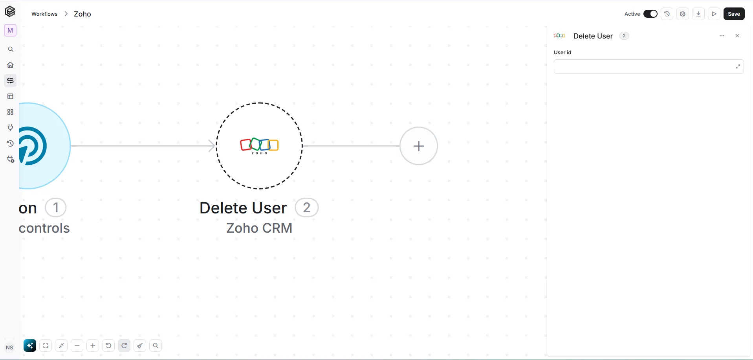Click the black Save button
click(734, 14)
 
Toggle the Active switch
click(650, 14)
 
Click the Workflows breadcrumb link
click(44, 14)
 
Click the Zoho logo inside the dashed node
click(259, 146)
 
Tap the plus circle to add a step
click(419, 146)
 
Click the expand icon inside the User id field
click(738, 66)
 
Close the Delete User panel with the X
click(737, 36)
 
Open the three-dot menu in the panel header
click(722, 36)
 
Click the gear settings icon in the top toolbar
click(683, 14)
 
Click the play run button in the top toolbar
click(714, 14)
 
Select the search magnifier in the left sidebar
click(11, 49)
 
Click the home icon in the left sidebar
click(11, 65)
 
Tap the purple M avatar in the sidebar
click(10, 30)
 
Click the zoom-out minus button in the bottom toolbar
click(77, 345)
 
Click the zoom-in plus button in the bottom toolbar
click(93, 345)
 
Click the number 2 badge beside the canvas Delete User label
click(307, 208)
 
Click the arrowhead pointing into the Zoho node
click(212, 146)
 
